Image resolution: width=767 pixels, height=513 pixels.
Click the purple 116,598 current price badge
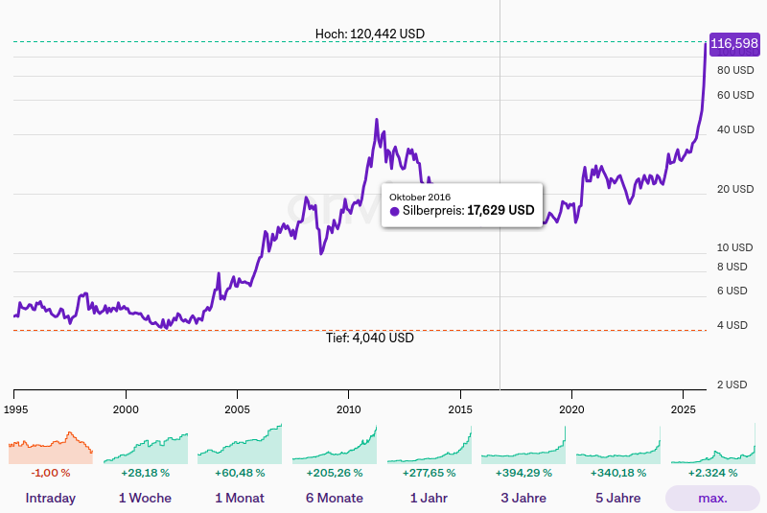[734, 43]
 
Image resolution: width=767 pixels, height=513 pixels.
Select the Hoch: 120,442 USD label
[369, 34]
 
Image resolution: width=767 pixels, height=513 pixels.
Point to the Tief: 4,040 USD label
[369, 338]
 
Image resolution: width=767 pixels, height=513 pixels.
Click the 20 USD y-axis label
[735, 189]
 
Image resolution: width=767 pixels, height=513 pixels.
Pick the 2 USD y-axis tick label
[735, 385]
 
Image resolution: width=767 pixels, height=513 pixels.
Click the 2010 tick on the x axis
[348, 408]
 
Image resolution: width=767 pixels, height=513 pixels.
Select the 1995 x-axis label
[14, 408]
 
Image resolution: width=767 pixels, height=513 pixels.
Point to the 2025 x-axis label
[683, 408]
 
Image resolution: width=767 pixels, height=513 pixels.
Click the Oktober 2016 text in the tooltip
[419, 197]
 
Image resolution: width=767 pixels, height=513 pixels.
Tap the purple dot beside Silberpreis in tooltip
[394, 211]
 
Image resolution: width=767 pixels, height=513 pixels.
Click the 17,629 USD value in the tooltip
[500, 210]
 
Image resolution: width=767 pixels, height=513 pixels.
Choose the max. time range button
[712, 498]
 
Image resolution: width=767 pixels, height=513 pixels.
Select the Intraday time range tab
[50, 498]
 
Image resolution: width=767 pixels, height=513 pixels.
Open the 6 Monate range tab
[334, 498]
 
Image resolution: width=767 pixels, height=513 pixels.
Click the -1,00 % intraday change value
[50, 473]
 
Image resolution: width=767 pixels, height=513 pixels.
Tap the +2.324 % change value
[712, 473]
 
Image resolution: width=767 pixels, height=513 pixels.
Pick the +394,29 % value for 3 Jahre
[523, 473]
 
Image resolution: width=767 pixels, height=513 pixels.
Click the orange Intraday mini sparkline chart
[50, 446]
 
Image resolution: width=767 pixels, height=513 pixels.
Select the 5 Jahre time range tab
[617, 498]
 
